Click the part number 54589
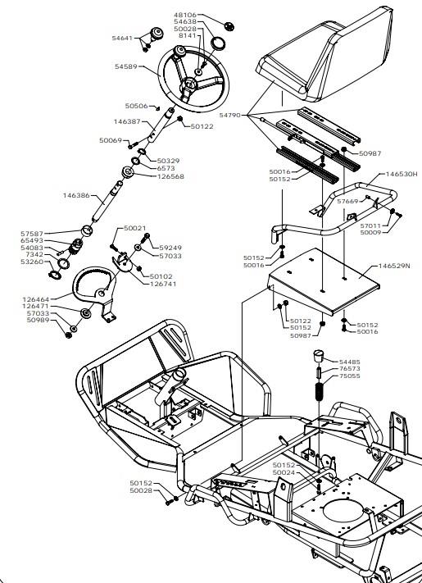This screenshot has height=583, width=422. coord(126,66)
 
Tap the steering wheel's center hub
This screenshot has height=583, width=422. coord(190,85)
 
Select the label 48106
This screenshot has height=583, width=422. coord(185,15)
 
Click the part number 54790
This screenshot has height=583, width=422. coord(230,116)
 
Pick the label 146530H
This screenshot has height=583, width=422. coord(402,174)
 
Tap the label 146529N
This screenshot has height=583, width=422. coord(394,266)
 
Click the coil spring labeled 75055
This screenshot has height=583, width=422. coord(319,391)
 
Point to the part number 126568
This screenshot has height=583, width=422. coord(170,176)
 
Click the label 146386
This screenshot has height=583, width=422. coord(76,196)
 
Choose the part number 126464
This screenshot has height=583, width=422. coord(36,299)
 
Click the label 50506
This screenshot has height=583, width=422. coord(136,106)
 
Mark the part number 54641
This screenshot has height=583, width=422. coord(122,38)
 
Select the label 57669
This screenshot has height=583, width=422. coord(347,202)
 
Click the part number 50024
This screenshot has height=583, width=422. coord(284,472)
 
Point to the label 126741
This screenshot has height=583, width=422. coord(163,284)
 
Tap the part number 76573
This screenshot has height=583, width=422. coord(350,369)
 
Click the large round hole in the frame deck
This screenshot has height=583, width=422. coord(343,511)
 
